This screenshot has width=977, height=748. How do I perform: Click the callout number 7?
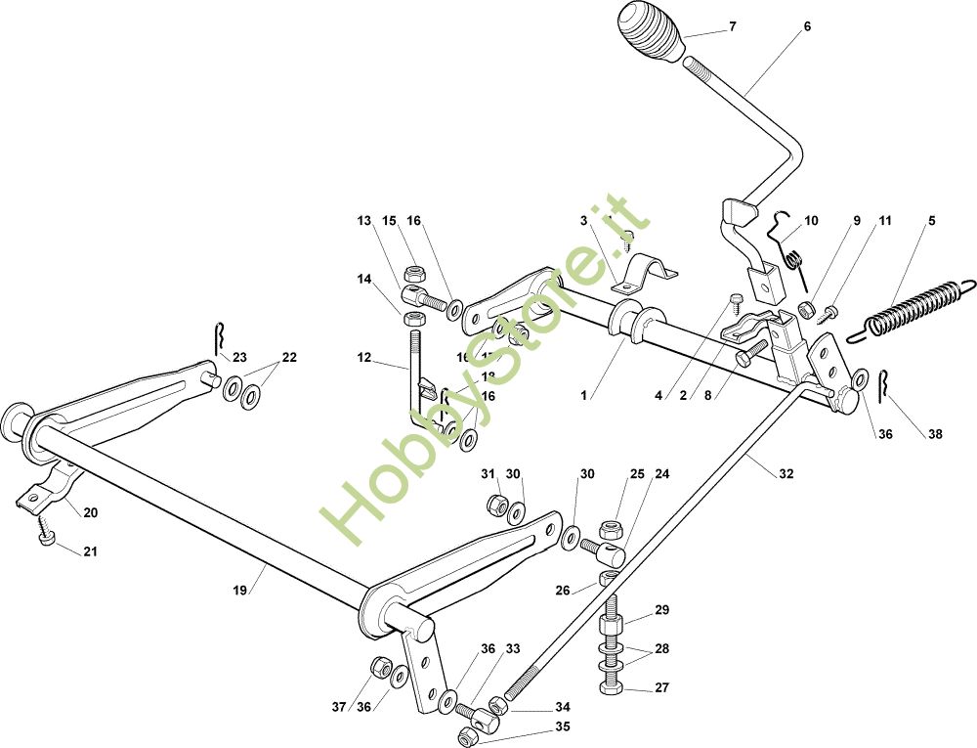(732, 27)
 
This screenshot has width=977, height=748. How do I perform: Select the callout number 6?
(807, 27)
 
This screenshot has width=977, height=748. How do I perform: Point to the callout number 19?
(240, 591)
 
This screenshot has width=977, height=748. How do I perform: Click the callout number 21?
(90, 552)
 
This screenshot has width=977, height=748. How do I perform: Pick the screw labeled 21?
(46, 537)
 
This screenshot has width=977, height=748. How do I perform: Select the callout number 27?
(661, 688)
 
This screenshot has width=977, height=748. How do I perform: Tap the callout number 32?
(786, 474)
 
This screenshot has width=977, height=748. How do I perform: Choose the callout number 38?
(935, 435)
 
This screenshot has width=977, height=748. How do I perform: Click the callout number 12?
(363, 359)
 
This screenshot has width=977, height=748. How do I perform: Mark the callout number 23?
(239, 357)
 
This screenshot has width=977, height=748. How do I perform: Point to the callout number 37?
(339, 707)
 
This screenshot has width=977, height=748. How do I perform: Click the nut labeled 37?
(376, 670)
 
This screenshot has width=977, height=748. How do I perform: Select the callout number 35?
(562, 726)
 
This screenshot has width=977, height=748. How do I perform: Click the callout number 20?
(90, 512)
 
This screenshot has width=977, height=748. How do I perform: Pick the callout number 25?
(637, 474)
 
